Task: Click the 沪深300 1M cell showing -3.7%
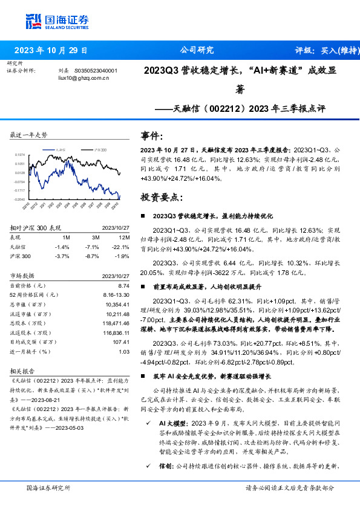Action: (x=62, y=257)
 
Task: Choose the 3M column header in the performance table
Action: (x=93, y=238)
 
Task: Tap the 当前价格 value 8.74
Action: (x=124, y=285)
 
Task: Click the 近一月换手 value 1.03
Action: (x=124, y=351)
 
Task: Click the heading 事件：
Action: (x=151, y=135)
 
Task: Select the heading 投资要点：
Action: (x=159, y=197)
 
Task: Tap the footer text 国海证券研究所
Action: (x=45, y=487)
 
